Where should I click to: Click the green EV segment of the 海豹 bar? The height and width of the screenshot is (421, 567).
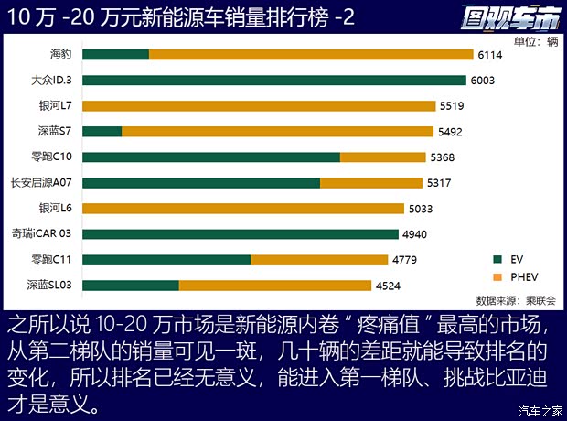[x=115, y=55]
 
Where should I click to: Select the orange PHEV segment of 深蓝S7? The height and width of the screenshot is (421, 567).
[x=283, y=132]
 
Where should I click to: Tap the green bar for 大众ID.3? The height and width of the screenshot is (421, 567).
[x=274, y=81]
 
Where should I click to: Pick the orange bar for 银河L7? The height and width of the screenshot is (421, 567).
[x=259, y=106]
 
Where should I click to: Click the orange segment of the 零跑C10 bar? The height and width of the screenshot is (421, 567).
[x=383, y=157]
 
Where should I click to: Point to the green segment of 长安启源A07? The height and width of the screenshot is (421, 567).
[x=201, y=183]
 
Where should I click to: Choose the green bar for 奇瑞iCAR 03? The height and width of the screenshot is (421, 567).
[x=241, y=234]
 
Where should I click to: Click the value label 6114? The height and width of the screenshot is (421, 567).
[x=489, y=55]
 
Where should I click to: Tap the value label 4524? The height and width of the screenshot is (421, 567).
[x=388, y=286]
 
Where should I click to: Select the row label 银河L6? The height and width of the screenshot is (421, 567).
[x=57, y=209]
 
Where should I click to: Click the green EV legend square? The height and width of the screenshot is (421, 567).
[x=497, y=259]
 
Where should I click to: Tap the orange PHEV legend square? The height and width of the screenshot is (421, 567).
[x=497, y=276]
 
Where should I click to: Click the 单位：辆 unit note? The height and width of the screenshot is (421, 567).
[x=535, y=41]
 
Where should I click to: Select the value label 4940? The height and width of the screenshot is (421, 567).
[x=415, y=234]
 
